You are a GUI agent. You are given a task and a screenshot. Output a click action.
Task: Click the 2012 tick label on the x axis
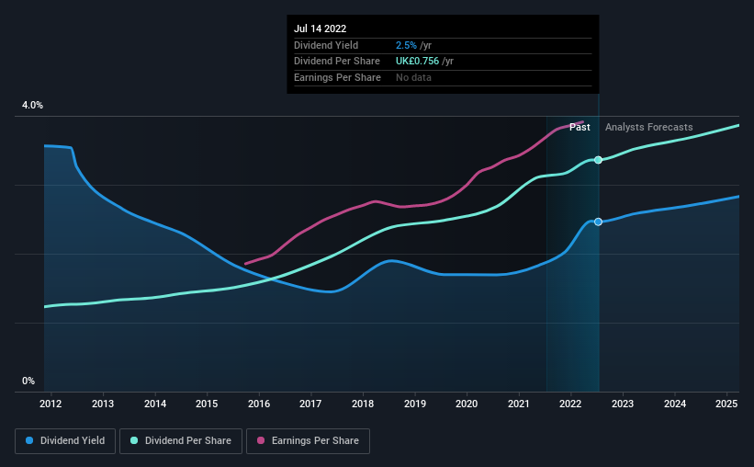51,404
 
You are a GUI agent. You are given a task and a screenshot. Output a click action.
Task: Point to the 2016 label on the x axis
259,404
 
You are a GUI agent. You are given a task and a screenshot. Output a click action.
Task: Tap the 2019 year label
415,404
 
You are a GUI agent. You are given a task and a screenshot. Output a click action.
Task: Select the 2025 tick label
726,404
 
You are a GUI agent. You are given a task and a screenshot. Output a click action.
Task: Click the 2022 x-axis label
570,404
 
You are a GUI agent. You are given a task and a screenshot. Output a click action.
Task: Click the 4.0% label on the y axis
32,106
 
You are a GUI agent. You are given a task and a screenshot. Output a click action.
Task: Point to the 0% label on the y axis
28,381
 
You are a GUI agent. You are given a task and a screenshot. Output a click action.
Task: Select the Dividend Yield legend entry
66,441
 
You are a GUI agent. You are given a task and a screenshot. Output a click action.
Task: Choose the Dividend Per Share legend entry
185,441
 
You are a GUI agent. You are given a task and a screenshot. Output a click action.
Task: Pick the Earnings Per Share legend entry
309,441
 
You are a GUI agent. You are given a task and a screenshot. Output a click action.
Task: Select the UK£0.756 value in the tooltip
417,61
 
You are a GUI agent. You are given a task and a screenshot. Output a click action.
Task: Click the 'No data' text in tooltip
413,77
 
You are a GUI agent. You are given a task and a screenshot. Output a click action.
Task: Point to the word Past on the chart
580,127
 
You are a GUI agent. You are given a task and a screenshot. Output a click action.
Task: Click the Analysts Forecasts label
649,127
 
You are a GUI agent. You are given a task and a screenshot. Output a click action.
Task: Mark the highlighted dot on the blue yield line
598,222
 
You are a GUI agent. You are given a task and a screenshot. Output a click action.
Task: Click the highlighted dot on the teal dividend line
598,160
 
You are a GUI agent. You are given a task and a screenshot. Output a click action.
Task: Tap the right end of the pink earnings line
584,122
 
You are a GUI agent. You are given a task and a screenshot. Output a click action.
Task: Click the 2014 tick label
154,404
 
